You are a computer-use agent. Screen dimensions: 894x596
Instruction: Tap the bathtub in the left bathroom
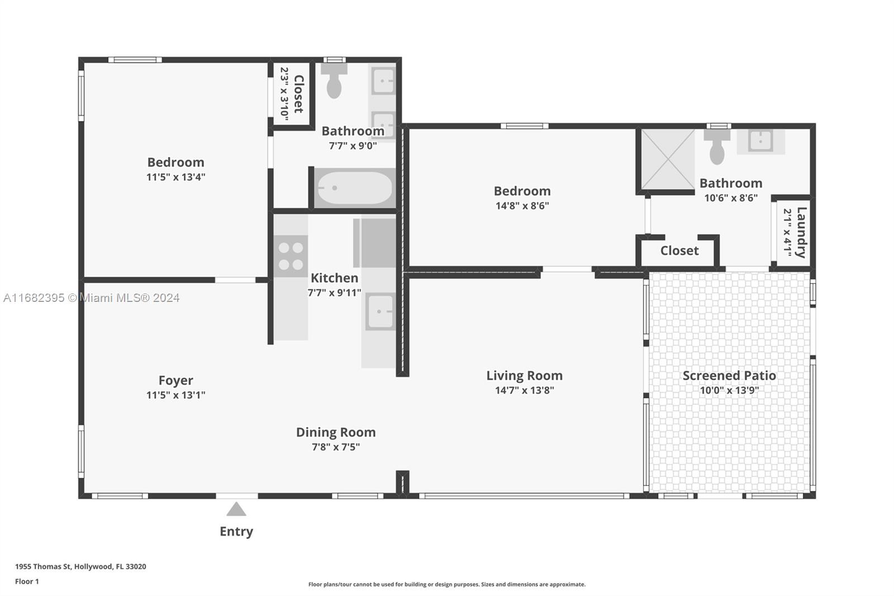tap(354, 188)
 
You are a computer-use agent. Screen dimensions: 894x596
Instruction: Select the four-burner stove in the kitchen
tap(291, 256)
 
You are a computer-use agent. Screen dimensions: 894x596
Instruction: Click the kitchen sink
tap(380, 311)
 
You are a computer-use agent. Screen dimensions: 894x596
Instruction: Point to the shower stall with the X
tap(668, 159)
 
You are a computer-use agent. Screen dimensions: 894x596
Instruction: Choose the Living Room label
tap(525, 376)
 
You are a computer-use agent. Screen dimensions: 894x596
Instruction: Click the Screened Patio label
tap(729, 376)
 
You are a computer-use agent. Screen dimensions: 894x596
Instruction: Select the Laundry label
tap(801, 233)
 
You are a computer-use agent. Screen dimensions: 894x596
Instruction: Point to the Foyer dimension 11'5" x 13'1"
tap(175, 395)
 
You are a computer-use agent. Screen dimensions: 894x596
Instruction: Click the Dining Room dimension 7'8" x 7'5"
tap(336, 447)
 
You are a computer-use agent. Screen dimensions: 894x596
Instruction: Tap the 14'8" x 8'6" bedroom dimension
tap(522, 206)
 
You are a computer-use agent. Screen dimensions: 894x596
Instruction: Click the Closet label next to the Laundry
tap(679, 250)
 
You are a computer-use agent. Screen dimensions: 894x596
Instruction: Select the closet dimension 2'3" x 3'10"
tap(284, 94)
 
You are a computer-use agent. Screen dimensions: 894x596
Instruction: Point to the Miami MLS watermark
tap(92, 297)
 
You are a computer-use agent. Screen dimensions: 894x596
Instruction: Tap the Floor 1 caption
tap(27, 581)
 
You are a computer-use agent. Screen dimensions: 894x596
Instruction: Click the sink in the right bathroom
tap(760, 140)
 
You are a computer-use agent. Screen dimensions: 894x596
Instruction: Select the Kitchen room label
tap(335, 278)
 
